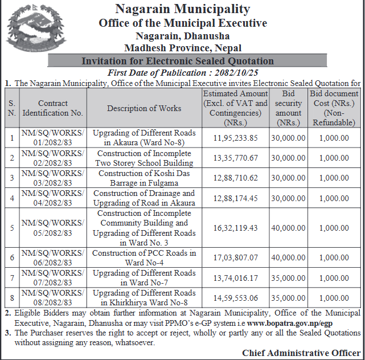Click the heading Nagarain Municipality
[x=182, y=9]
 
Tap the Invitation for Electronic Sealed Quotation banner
[x=178, y=61]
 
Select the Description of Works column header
[x=144, y=108]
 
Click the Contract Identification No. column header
[x=53, y=108]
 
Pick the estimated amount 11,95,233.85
[x=235, y=138]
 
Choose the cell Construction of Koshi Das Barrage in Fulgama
[x=144, y=178]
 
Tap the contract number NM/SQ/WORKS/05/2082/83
[x=53, y=228]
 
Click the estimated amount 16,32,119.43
[x=235, y=228]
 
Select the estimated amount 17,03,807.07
[x=235, y=257]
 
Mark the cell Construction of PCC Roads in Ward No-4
[x=144, y=257]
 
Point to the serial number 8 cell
[x=12, y=297]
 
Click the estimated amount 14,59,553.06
[x=235, y=297]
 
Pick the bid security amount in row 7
[x=288, y=277]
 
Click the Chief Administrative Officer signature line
[x=301, y=353]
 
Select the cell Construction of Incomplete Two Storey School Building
[x=144, y=158]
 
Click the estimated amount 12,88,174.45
[x=235, y=198]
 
